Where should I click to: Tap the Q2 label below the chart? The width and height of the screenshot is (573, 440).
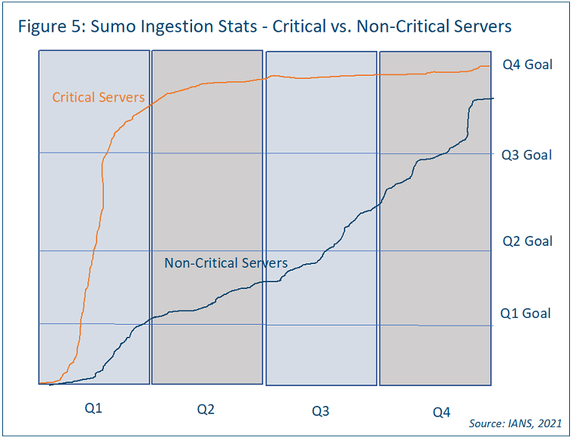[x=206, y=410]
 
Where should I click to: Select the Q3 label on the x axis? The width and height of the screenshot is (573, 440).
[x=320, y=411]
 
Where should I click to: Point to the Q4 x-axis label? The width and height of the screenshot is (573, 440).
[x=441, y=412]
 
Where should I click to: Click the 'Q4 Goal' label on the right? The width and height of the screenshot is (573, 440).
[x=527, y=64]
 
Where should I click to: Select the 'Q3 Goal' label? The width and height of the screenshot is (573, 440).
[x=527, y=155]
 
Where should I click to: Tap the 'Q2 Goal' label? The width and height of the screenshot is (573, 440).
[x=527, y=241]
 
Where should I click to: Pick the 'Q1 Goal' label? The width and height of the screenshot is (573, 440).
[x=525, y=313]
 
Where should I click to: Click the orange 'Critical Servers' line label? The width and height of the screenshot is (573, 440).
[x=98, y=97]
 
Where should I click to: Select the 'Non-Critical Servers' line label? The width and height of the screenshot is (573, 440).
[x=226, y=263]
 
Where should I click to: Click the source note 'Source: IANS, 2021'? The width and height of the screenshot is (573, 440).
[x=515, y=423]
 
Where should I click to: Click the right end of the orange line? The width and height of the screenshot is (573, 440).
[x=490, y=66]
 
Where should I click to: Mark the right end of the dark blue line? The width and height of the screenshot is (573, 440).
[x=493, y=99]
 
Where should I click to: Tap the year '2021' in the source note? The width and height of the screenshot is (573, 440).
[x=549, y=423]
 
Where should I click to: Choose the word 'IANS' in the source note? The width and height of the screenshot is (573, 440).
[x=517, y=423]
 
